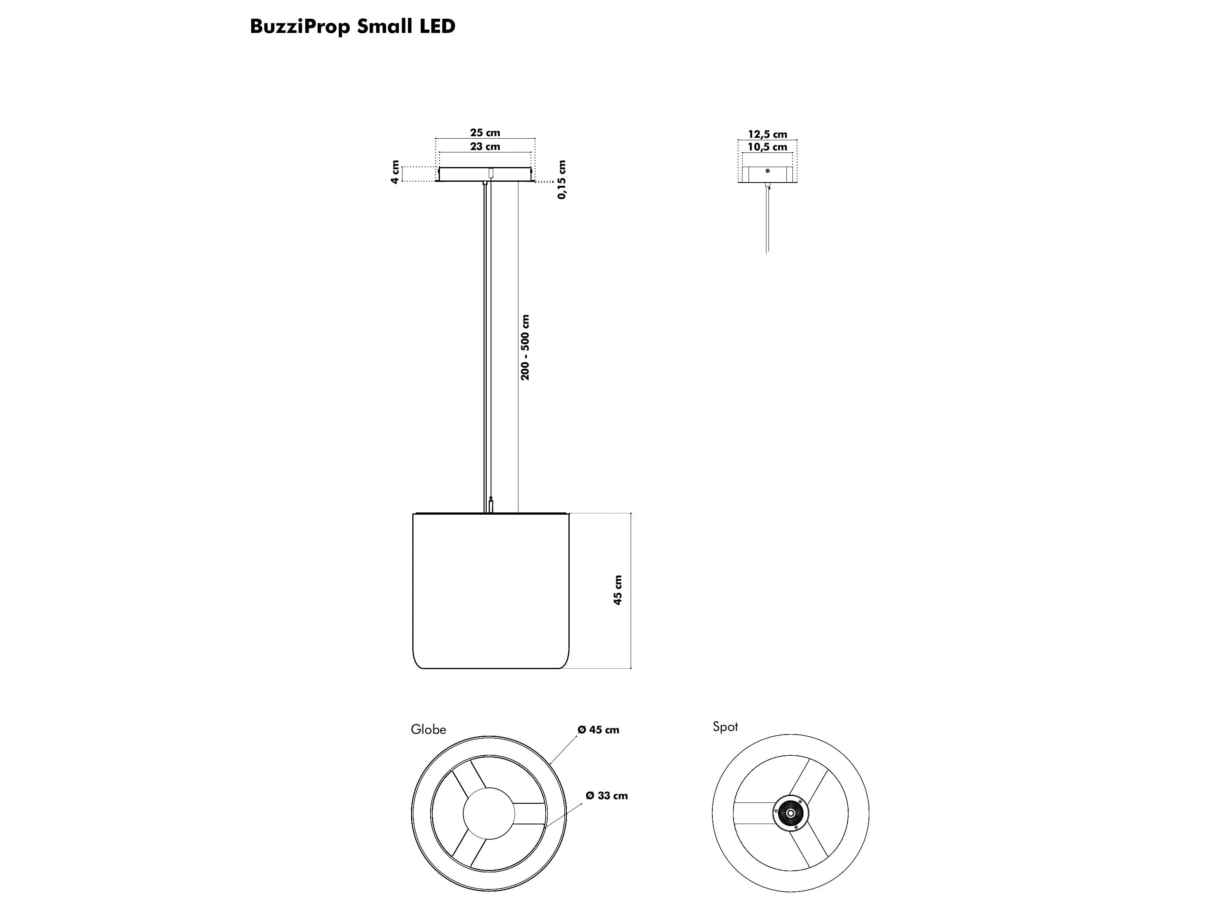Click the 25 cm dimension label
pyautogui.click(x=485, y=133)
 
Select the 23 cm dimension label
pyautogui.click(x=485, y=146)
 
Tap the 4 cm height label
pyautogui.click(x=395, y=172)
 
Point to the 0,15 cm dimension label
pyautogui.click(x=562, y=179)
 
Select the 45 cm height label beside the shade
pyautogui.click(x=618, y=590)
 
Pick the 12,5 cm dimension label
pyautogui.click(x=768, y=134)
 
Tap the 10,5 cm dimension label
pyautogui.click(x=768, y=147)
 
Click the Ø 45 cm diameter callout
pyautogui.click(x=598, y=730)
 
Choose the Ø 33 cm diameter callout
pyautogui.click(x=607, y=796)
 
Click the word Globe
pyautogui.click(x=428, y=730)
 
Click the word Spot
pyautogui.click(x=725, y=727)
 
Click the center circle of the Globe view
pyautogui.click(x=489, y=813)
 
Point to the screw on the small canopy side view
pyautogui.click(x=768, y=171)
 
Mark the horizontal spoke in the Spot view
pyautogui.click(x=753, y=813)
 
